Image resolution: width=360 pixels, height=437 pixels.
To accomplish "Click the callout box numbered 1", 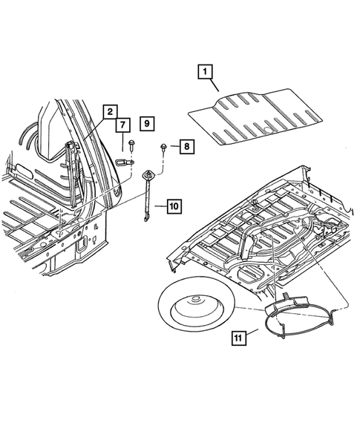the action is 205,72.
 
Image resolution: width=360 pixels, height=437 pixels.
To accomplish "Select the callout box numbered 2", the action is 110,112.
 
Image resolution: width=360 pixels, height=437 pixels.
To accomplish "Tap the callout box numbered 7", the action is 123,125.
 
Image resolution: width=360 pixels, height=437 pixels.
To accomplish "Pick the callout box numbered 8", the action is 187,146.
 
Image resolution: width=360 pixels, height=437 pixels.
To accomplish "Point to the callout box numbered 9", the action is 147,123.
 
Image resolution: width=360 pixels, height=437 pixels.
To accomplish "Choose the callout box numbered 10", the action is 174,206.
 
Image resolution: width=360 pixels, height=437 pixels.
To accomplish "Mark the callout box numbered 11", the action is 239,338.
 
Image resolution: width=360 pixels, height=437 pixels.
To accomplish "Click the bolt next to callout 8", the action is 163,147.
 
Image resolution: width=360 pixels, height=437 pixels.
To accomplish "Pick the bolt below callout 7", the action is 131,145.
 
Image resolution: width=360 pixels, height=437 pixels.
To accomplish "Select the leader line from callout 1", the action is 214,85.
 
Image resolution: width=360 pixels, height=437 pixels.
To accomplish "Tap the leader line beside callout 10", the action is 161,206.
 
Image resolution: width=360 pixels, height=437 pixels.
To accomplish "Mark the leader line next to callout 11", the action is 252,332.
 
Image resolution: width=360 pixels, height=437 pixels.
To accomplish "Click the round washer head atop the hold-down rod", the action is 147,175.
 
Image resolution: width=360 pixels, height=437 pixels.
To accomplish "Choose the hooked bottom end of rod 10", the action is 145,218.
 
